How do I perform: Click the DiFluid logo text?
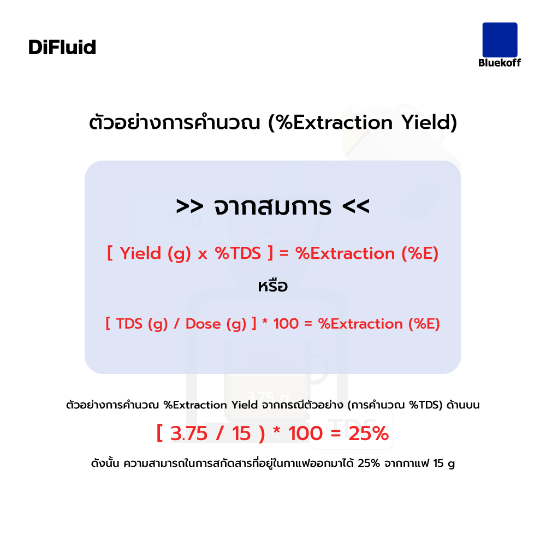click(62, 47)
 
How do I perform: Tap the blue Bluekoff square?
click(500, 40)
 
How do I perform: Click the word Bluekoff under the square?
click(500, 63)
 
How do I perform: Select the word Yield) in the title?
click(429, 122)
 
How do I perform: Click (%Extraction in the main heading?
click(330, 122)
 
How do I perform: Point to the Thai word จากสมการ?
click(272, 206)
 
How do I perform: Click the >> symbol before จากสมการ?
click(189, 206)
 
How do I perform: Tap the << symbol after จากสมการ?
click(355, 206)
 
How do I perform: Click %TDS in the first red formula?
click(238, 253)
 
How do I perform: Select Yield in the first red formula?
click(140, 253)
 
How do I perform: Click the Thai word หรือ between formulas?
click(272, 286)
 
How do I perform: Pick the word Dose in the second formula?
click(203, 324)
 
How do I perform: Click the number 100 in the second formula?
click(286, 324)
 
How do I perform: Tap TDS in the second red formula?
click(129, 324)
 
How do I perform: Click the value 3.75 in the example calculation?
click(189, 434)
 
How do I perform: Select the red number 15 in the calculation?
click(241, 434)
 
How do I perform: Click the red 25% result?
click(369, 434)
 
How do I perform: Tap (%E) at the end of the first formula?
click(420, 253)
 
